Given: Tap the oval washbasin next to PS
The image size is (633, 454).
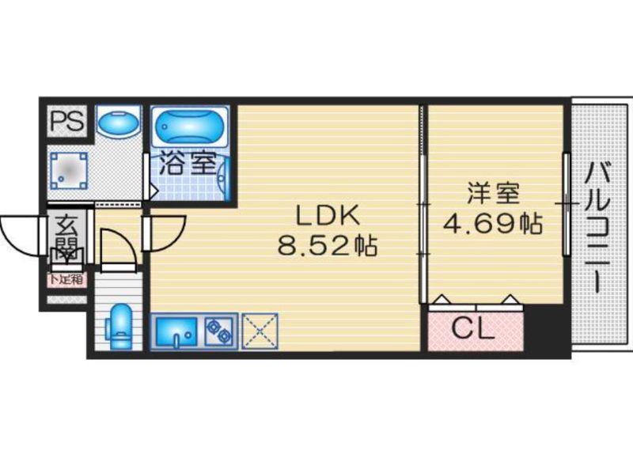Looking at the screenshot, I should (119, 123).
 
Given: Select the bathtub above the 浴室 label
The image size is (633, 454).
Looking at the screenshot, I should (190, 127).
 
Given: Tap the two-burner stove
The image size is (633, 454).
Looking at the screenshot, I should (218, 331).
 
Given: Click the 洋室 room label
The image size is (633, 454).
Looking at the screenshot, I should (493, 192).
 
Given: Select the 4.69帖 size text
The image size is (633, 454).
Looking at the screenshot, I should (493, 225).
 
